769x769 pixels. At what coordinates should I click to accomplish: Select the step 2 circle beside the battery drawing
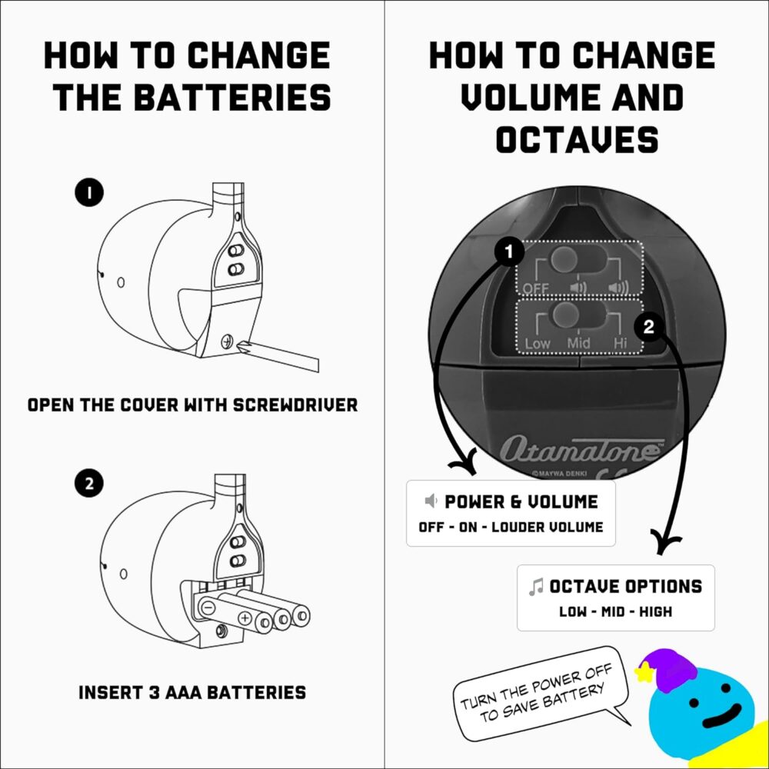[89, 484]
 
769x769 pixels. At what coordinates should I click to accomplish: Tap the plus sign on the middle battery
[245, 617]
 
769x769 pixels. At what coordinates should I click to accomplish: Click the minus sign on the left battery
[208, 607]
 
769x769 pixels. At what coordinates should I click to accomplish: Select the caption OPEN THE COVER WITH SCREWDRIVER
[192, 404]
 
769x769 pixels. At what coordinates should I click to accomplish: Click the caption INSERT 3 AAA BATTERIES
[192, 692]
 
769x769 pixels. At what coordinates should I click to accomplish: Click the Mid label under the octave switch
[578, 343]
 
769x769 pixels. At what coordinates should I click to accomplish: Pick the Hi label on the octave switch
[622, 343]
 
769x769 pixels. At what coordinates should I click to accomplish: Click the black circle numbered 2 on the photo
[649, 327]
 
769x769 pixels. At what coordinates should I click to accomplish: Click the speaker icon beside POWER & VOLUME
[432, 502]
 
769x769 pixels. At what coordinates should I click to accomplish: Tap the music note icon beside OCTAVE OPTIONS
[536, 587]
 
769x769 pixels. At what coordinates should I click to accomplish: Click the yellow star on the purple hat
[643, 674]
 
